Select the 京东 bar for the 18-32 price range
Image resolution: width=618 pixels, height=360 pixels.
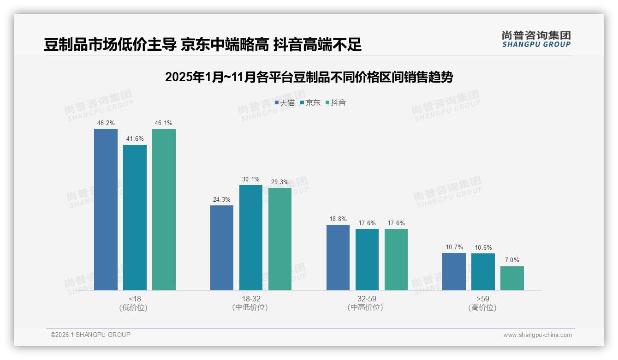pos(251,237)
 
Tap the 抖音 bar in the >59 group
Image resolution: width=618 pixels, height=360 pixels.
pos(512,278)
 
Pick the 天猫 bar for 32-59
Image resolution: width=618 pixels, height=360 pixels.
pos(338,257)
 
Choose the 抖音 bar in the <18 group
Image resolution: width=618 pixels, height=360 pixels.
pos(164,210)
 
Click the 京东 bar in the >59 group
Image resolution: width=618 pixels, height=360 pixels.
pos(483,271)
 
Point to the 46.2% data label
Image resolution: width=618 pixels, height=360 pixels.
pos(106,123)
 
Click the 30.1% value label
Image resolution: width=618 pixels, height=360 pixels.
pos(251,180)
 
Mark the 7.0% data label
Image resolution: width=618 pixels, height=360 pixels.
pos(512,260)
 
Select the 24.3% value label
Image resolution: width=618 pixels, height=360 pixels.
pos(222,200)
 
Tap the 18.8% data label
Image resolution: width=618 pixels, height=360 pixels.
pos(338,219)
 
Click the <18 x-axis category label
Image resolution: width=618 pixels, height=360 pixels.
pos(135,299)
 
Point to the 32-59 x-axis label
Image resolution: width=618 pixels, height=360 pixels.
pos(367,299)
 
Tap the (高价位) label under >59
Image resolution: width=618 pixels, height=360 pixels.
pos(482,308)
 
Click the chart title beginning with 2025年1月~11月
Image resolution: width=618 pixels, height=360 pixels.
pos(309,77)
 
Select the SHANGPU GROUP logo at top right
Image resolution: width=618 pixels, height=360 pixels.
pos(536,39)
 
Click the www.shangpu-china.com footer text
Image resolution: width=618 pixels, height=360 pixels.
pos(537,335)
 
